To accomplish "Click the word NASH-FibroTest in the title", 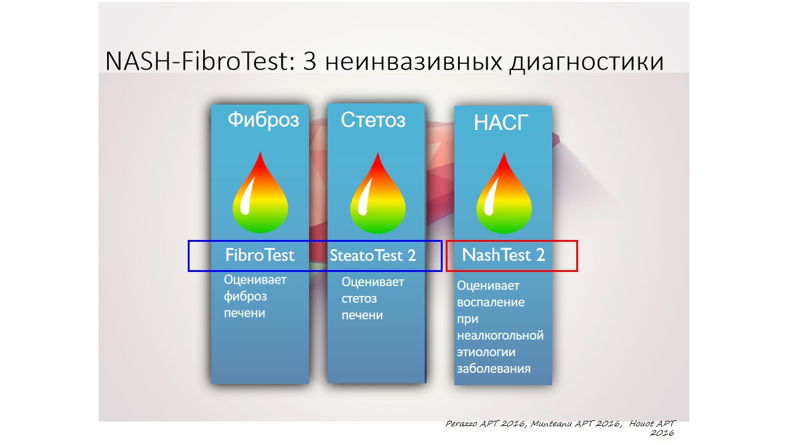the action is [x=198, y=61].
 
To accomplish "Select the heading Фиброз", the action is [x=263, y=120].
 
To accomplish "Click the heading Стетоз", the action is [x=373, y=120].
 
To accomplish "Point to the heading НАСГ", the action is [x=501, y=122].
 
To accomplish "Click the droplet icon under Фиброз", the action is [x=260, y=193].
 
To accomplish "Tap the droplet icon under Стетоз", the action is [x=378, y=193].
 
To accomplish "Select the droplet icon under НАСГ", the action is [x=504, y=193].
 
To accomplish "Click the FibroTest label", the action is [x=260, y=255].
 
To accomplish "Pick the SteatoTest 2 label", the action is [x=372, y=255].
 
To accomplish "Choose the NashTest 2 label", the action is [x=504, y=255].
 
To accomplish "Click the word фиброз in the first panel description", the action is [x=245, y=297].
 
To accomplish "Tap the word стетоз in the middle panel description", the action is [x=359, y=299].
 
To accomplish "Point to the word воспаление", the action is [x=491, y=302].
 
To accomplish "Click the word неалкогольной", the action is [x=500, y=335].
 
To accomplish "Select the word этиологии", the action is [x=486, y=352].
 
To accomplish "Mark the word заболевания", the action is [x=494, y=369].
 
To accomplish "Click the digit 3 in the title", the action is [x=310, y=62].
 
